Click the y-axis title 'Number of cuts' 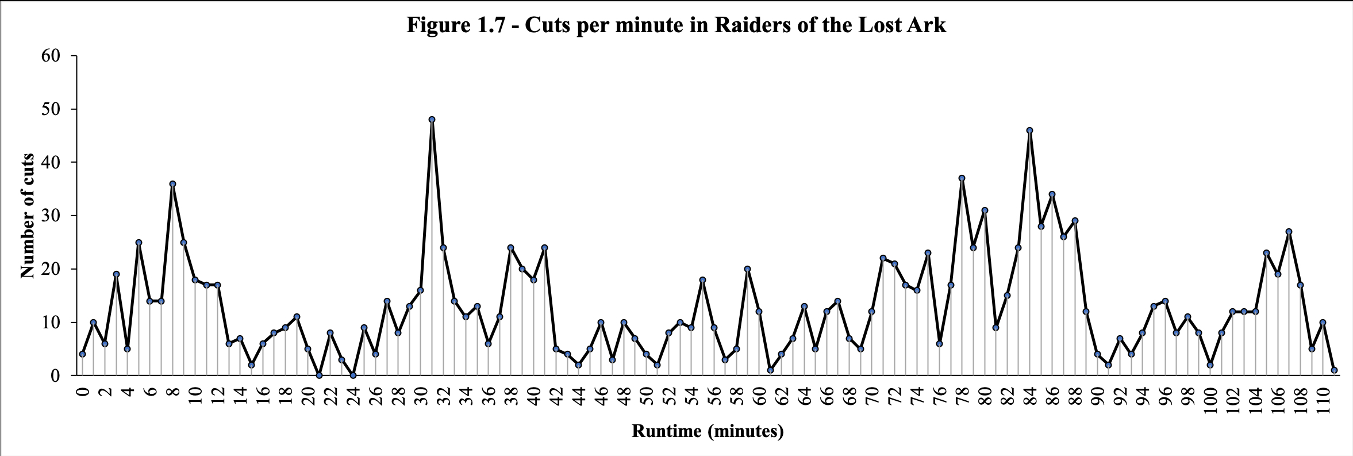27,216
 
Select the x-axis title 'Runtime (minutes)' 708,431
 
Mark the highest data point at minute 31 432,120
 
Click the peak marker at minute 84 1029,131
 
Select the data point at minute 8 172,184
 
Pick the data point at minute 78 962,178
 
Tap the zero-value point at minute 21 319,375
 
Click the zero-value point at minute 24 353,375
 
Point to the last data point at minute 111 1334,370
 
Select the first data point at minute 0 82,354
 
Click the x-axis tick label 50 647,396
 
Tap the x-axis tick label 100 1210,400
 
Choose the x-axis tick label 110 1323,400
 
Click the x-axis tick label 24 353,396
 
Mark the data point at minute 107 1289,232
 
